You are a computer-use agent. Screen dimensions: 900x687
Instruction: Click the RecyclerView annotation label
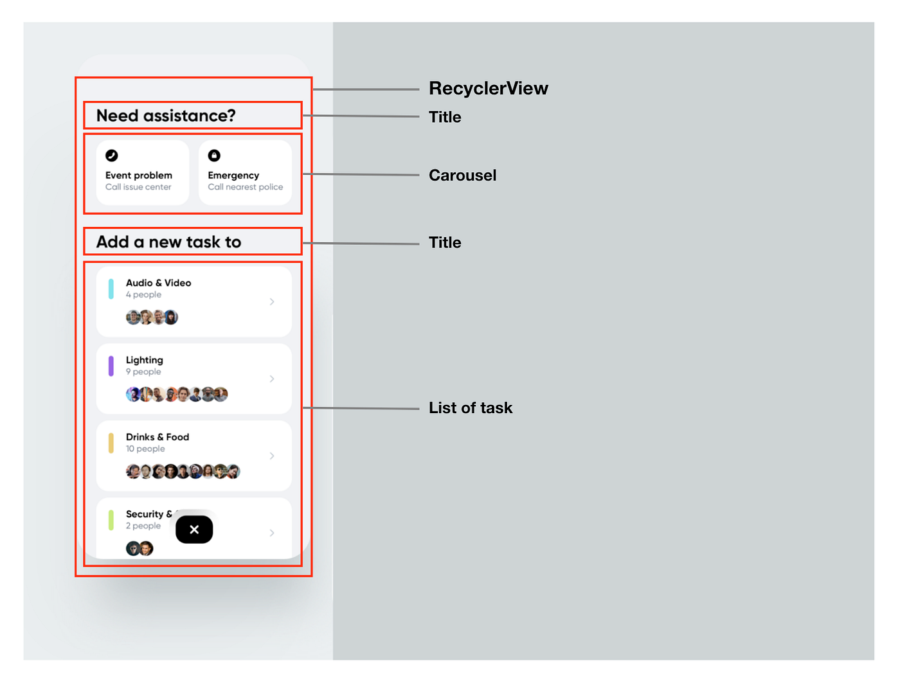coord(488,88)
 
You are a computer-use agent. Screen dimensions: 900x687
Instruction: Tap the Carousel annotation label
coord(462,175)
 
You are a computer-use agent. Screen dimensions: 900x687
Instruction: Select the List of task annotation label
coord(471,408)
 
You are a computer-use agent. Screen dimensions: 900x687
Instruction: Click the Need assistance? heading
coord(166,116)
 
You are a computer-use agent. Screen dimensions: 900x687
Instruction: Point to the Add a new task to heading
coord(168,242)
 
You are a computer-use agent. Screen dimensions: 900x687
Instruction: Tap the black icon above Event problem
coord(111,156)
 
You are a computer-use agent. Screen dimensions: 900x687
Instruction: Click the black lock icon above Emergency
coord(214,156)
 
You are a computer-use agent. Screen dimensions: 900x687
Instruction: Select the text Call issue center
coord(138,187)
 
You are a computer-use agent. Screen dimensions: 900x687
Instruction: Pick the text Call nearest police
coord(245,187)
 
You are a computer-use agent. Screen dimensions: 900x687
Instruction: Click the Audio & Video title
coord(158,283)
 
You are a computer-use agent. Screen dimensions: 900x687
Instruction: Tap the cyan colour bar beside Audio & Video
coord(111,289)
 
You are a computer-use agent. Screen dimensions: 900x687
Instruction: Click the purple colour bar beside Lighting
coord(111,366)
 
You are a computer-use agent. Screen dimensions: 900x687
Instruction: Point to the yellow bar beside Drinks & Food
coord(111,443)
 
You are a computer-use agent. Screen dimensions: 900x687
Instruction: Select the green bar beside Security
coord(111,520)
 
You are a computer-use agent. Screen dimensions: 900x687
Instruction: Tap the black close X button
coord(194,530)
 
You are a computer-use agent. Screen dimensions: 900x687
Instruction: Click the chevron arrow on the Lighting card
coord(272,379)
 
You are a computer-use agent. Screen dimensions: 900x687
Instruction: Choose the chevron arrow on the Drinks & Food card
coord(272,456)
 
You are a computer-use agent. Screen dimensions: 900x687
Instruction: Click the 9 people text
coord(143,372)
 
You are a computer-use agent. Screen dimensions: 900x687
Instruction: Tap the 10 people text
coord(145,449)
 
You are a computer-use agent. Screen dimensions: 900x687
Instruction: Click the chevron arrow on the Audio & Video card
coord(272,301)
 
